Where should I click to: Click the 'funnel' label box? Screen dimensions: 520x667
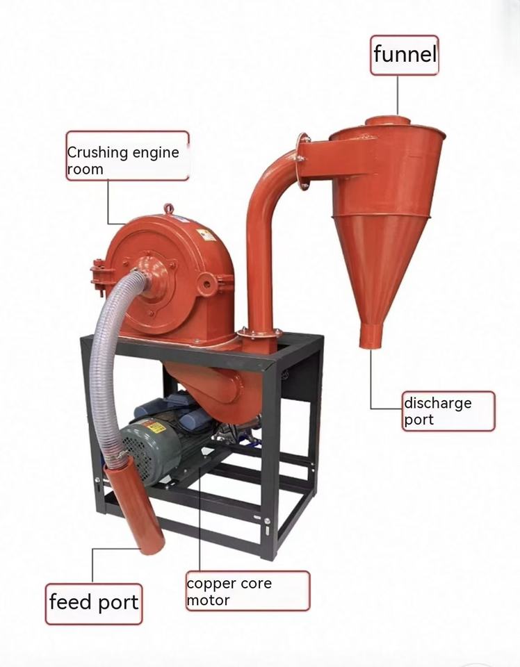point(404,55)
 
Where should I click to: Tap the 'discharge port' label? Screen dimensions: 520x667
point(448,411)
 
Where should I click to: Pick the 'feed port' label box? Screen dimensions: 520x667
point(94,602)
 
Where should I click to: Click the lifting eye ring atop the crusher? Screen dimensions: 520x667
point(168,208)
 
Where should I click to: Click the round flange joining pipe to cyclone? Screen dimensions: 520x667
point(302,160)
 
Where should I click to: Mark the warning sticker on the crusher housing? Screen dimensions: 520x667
point(204,233)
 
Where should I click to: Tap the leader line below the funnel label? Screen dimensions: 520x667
point(398,94)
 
